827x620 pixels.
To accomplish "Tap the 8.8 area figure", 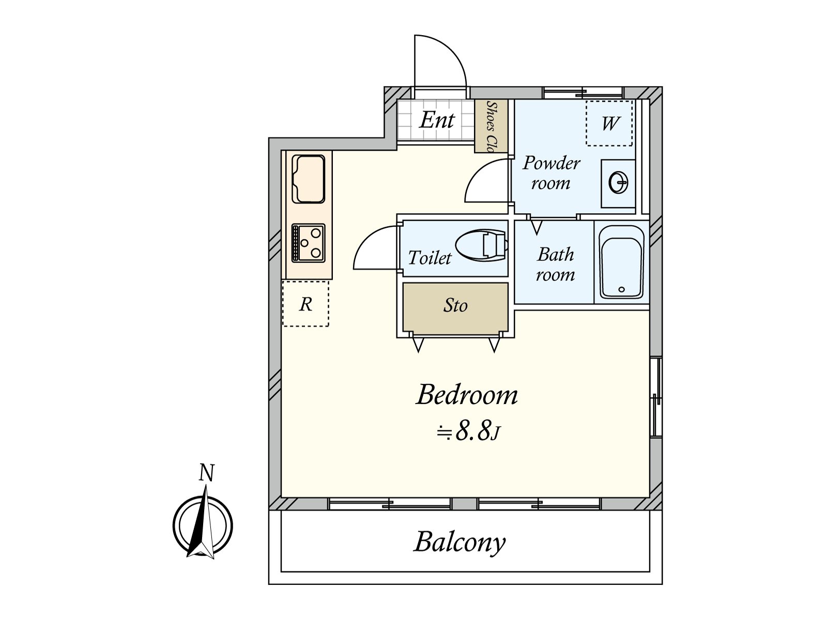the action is pyautogui.click(x=473, y=431).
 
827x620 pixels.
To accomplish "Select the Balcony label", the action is pyautogui.click(x=460, y=542).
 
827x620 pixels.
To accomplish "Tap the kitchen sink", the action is pyautogui.click(x=309, y=179).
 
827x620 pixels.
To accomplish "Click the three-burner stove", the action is pyautogui.click(x=309, y=243).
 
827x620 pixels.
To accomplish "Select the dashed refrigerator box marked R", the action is pyautogui.click(x=305, y=303).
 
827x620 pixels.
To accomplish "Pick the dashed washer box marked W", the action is pyautogui.click(x=609, y=123).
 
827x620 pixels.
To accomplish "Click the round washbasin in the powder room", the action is pyautogui.click(x=618, y=183).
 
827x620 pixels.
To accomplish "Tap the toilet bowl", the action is pyautogui.click(x=481, y=246).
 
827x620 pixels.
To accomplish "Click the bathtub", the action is pyautogui.click(x=622, y=262).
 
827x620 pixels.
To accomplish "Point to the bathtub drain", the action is pyautogui.click(x=622, y=289).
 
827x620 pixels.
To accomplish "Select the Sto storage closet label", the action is pyautogui.click(x=455, y=305).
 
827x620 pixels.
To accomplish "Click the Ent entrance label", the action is pyautogui.click(x=437, y=120).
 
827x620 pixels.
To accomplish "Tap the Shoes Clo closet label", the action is pyautogui.click(x=491, y=126).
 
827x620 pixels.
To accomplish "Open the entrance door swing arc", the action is pyautogui.click(x=440, y=61).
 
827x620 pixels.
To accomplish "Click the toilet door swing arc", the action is pyautogui.click(x=376, y=247).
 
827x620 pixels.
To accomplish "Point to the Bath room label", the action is pyautogui.click(x=555, y=265).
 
